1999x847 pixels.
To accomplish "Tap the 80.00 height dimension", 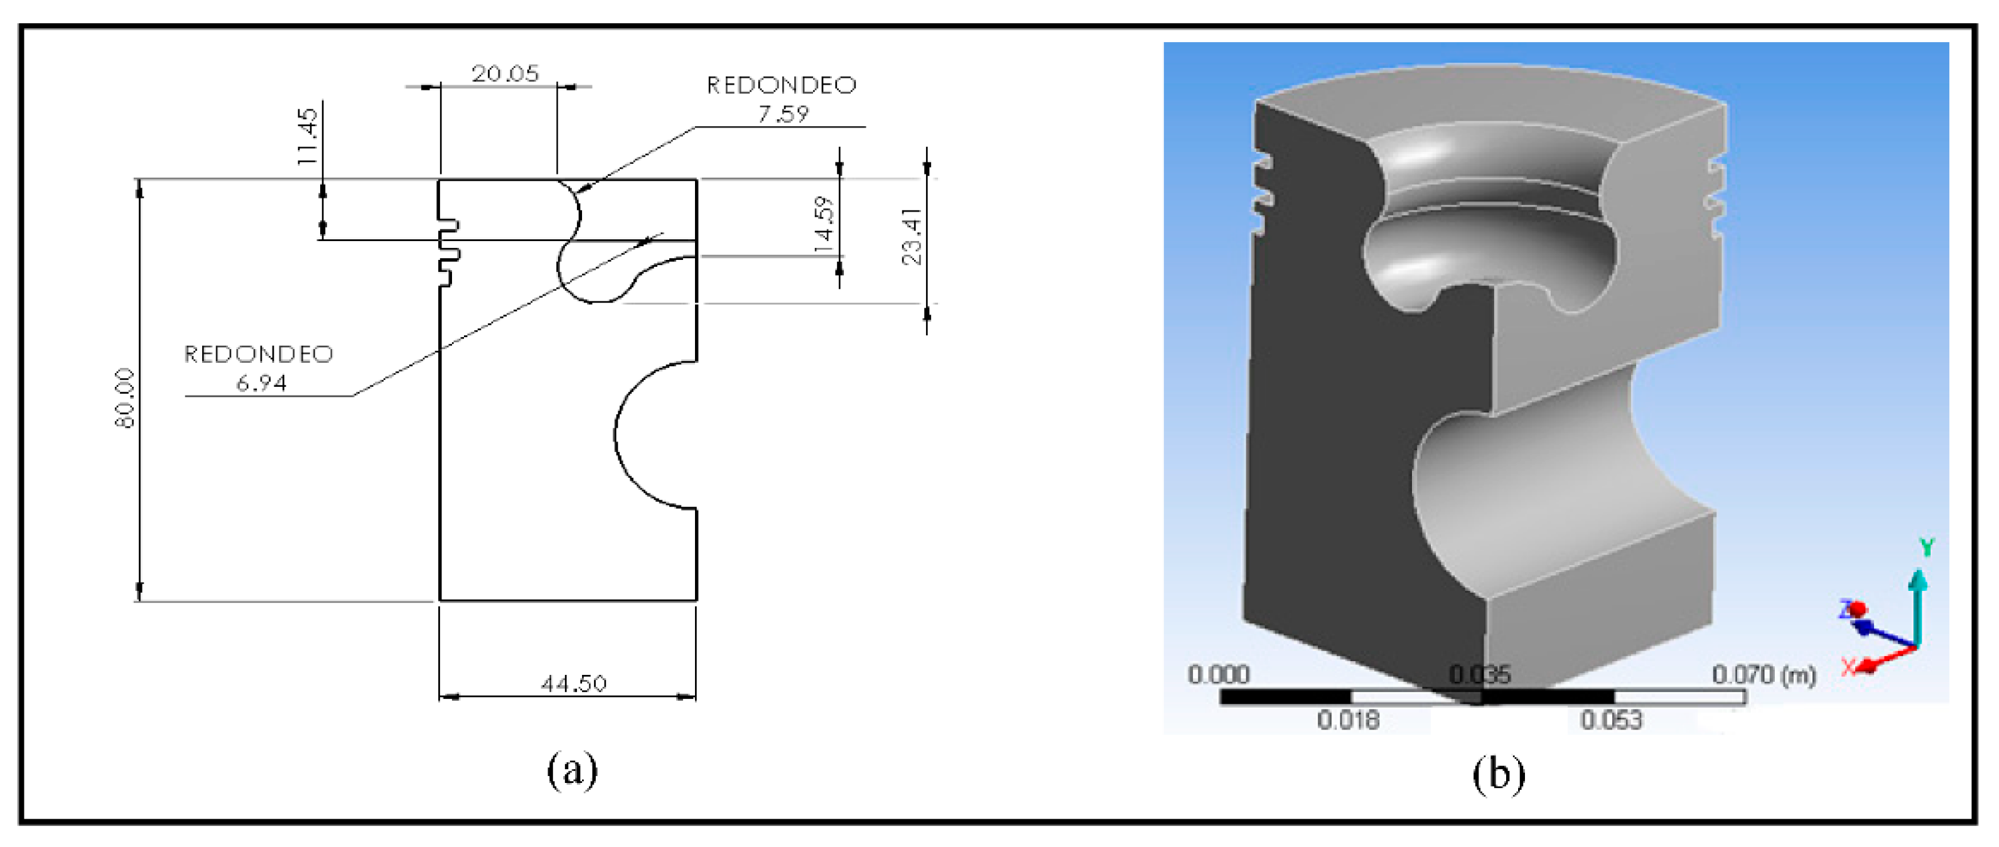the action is tap(125, 398).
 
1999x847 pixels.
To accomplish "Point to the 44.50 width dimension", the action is tap(573, 683).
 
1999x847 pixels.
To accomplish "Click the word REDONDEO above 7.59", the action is tap(782, 85).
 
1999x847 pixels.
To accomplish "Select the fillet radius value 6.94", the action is tap(262, 383).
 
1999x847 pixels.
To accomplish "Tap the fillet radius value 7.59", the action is tap(783, 114).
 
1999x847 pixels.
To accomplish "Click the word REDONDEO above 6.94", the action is tap(259, 354).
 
